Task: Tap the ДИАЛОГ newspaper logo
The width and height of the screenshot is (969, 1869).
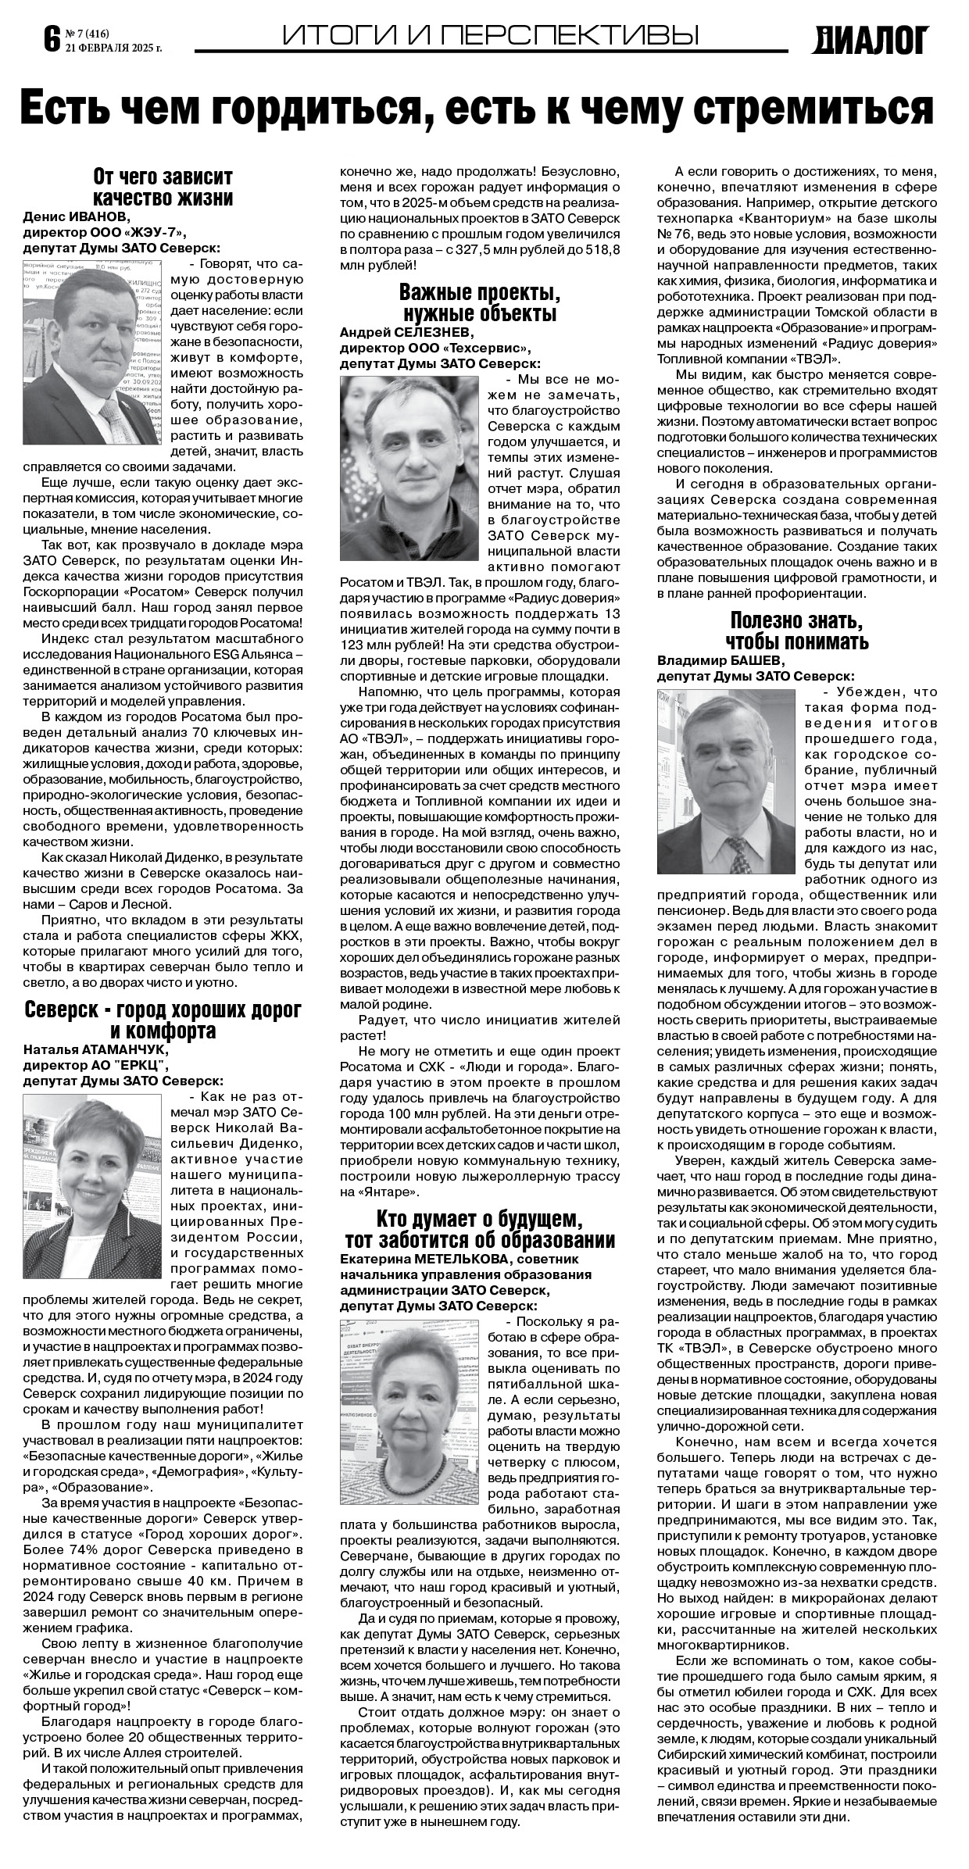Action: [871, 40]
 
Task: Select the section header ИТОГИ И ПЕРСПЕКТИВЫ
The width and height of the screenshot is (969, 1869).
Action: [490, 34]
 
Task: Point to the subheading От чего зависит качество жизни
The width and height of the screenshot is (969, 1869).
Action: [163, 186]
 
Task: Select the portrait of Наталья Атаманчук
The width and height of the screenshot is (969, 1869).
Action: [92, 1185]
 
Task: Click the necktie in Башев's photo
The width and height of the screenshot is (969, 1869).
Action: [737, 855]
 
